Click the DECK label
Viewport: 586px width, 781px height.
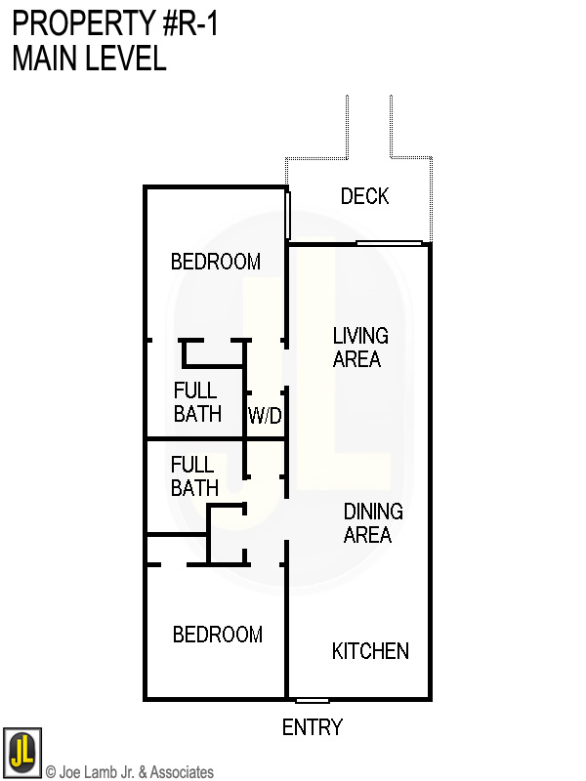coord(364,197)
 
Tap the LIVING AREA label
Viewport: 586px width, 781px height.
coord(359,348)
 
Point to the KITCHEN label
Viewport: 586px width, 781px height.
coord(370,651)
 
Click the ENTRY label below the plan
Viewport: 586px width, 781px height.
coord(312,727)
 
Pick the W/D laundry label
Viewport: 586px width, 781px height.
coord(264,416)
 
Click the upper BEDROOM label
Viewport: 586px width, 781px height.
coord(216,262)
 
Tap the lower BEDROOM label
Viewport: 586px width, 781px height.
coord(217,635)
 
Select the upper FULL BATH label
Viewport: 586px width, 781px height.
coord(196,402)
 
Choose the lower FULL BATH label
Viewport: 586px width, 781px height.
coord(193,475)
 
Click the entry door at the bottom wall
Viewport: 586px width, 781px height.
coord(312,700)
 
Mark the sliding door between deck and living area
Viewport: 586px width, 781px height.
coord(389,243)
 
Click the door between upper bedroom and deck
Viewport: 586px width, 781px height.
coord(288,215)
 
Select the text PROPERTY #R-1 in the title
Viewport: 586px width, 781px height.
coord(115,23)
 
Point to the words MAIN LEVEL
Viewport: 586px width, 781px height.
coord(89,59)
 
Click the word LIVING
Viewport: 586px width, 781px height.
coord(359,336)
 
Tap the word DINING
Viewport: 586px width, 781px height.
coord(372,512)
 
